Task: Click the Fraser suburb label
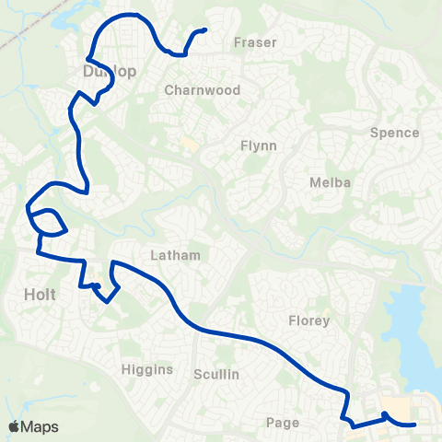255,42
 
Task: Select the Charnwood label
202,90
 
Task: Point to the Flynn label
259,145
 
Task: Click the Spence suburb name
394,133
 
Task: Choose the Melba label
331,182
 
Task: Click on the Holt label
41,295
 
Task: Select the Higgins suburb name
146,369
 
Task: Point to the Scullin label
216,374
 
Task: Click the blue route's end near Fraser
204,30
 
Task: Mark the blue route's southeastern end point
415,425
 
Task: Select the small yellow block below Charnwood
189,144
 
